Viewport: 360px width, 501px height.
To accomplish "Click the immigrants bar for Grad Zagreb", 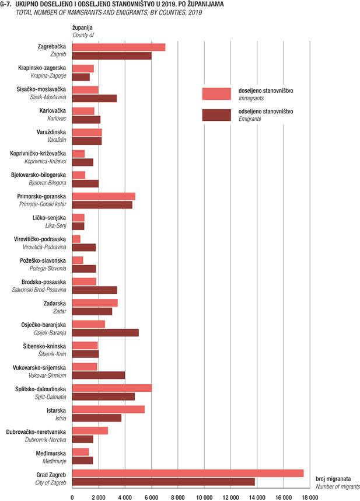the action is (188, 473).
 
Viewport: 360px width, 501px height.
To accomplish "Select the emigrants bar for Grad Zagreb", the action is (163, 482).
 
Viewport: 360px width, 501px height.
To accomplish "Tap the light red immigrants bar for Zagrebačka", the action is (118, 47).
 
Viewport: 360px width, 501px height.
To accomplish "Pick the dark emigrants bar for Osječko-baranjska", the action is (106, 333).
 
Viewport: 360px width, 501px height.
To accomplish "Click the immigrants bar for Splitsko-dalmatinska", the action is (112, 388).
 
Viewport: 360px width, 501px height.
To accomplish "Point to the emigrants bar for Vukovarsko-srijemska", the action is (99, 375).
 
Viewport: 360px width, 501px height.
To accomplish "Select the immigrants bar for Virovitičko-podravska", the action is (76, 239).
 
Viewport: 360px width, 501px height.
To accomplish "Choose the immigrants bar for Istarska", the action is (109, 409).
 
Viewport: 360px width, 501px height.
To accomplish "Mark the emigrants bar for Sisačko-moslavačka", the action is (95, 98).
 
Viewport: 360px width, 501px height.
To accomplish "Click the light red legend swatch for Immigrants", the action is (216, 94).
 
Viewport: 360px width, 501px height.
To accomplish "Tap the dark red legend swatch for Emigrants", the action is (216, 115).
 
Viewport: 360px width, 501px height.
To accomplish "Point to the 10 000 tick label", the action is (204, 497).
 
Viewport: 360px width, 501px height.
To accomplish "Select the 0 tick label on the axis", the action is (72, 497).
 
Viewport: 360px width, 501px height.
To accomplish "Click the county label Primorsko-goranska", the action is (41, 197).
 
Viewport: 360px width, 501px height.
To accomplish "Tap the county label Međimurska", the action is (51, 453).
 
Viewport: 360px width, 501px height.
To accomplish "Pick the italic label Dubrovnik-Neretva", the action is (46, 440).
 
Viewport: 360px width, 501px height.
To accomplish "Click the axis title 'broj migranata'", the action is (333, 479).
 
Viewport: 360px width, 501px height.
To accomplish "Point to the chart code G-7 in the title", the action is (6, 5).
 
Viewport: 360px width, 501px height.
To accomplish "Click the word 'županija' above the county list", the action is (83, 28).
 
